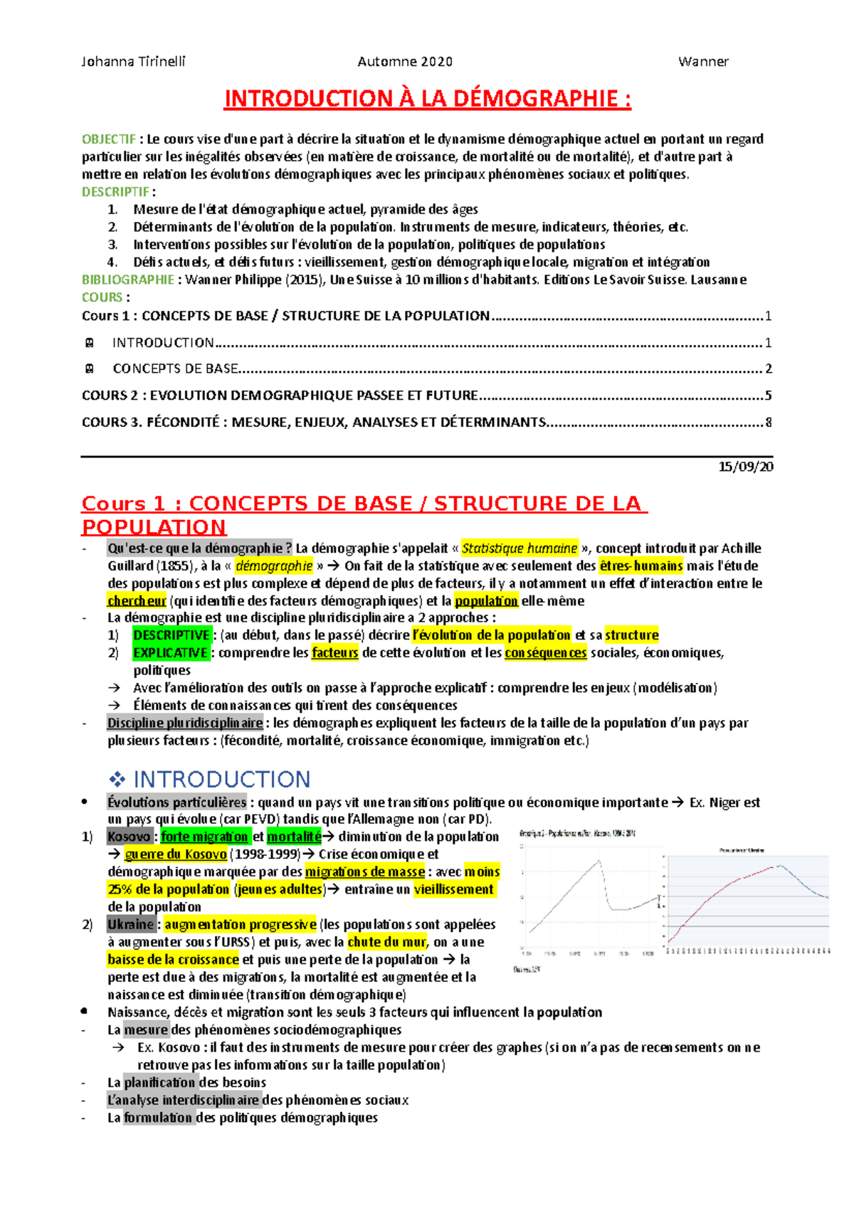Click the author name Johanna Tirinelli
133,61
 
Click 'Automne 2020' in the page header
405,61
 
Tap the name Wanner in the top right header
703,61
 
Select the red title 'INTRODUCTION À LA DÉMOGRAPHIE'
427,99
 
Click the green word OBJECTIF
108,139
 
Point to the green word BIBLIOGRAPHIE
127,280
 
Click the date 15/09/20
745,467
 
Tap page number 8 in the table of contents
768,423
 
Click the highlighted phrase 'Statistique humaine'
520,549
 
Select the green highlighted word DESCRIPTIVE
172,635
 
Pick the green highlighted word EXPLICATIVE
171,653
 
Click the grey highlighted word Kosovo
129,837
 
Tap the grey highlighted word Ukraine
130,925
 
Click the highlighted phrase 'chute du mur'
386,943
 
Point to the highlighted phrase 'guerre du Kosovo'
175,854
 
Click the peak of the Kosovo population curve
599,861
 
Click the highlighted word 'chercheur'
136,601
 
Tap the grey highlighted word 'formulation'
158,1118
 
